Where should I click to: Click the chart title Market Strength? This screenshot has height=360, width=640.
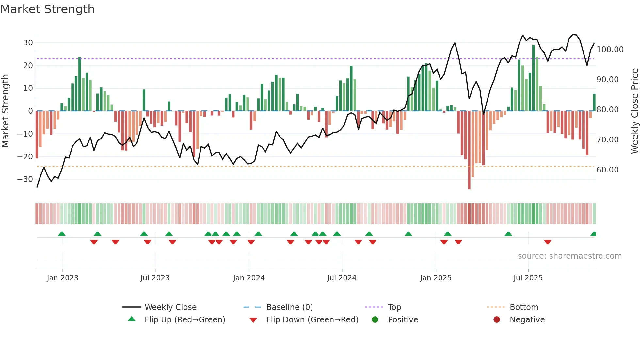point(47,9)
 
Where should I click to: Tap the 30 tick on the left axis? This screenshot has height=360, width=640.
point(28,43)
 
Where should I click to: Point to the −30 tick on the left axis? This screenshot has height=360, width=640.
point(25,179)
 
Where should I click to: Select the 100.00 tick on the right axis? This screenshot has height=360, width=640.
point(610,50)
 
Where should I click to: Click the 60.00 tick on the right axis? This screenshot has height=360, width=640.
point(607,170)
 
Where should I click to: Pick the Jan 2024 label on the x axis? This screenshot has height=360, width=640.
point(249,278)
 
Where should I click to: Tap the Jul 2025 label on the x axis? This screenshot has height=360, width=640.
point(528,278)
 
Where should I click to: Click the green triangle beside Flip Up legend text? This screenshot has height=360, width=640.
point(132,319)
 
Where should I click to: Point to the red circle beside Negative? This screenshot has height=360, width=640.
point(497,320)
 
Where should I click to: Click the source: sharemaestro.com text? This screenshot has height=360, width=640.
point(569,256)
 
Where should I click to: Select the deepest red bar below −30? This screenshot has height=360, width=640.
point(469,150)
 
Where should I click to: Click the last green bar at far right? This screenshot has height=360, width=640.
point(594,102)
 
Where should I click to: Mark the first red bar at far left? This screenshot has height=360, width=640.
point(37,135)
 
